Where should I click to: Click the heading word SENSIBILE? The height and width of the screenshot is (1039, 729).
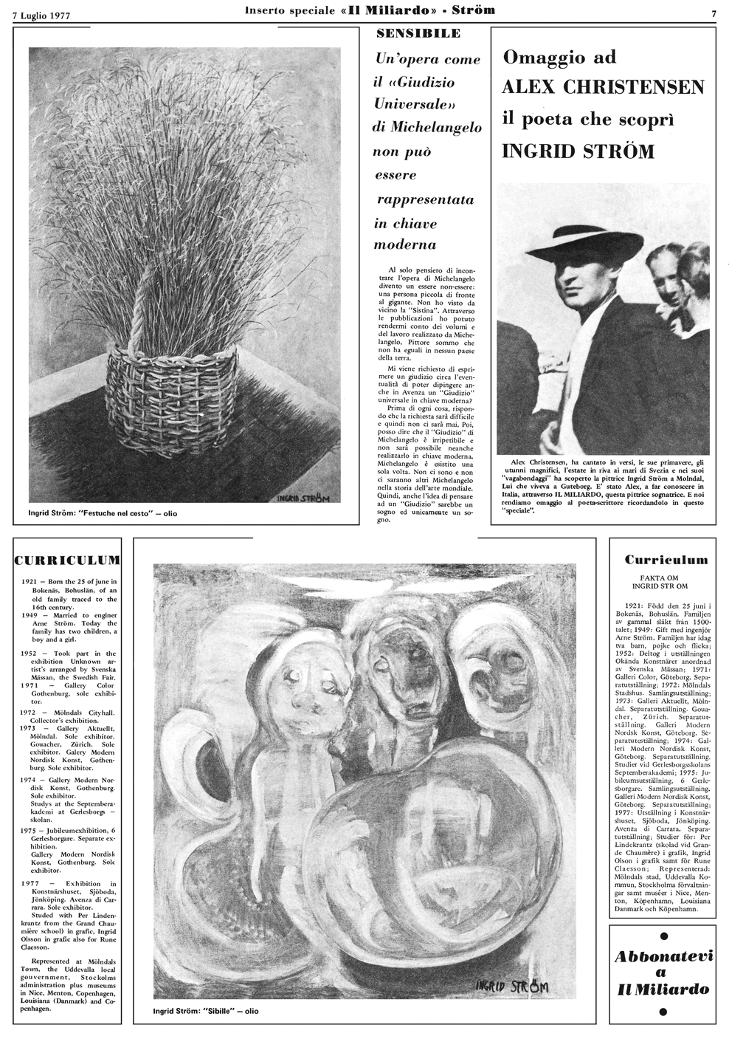click(x=418, y=33)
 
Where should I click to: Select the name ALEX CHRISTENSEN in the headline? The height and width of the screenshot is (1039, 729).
click(x=603, y=87)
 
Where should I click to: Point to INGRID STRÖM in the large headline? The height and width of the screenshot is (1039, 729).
click(x=578, y=151)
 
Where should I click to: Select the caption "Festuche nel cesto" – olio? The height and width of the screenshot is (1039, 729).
click(x=108, y=513)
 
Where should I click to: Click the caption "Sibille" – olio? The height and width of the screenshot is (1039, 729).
click(x=206, y=1011)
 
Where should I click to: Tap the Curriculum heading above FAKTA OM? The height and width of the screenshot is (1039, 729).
click(x=666, y=560)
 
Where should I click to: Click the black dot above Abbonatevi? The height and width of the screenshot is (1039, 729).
click(x=664, y=937)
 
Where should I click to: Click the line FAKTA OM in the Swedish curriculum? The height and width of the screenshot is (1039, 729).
click(x=666, y=580)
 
